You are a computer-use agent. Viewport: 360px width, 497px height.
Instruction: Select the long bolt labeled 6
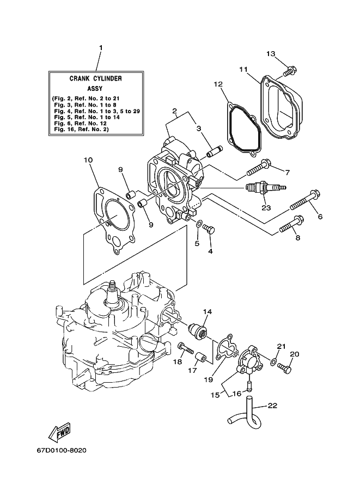[x=304, y=199]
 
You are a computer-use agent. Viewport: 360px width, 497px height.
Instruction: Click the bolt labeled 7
[x=259, y=168]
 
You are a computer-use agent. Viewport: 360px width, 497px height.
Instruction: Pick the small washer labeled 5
[x=198, y=224]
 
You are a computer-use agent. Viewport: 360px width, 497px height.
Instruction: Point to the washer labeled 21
[x=273, y=361]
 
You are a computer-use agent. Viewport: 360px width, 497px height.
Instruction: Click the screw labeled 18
[x=186, y=348]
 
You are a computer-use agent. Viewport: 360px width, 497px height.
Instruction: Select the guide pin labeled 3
[x=215, y=151]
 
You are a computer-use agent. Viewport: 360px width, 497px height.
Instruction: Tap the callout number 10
[x=88, y=161]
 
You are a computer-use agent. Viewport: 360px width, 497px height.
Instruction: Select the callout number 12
[x=218, y=84]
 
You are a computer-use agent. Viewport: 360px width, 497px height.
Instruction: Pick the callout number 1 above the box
[x=101, y=48]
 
